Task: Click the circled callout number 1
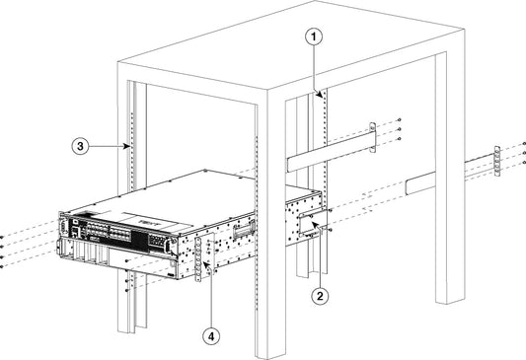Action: [314, 36]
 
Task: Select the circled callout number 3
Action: [84, 145]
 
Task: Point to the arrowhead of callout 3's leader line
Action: [131, 146]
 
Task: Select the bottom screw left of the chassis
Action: [4, 264]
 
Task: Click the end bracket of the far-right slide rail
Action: [495, 163]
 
